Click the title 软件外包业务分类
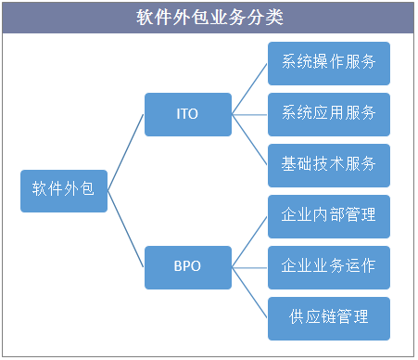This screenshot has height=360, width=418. click(x=209, y=18)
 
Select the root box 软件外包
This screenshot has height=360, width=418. click(x=64, y=189)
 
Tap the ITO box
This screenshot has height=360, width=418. click(x=187, y=115)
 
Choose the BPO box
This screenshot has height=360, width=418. click(x=187, y=266)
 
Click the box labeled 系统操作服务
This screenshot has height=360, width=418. click(x=328, y=63)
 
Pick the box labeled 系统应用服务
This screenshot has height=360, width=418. click(x=328, y=114)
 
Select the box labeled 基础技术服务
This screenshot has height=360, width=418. click(x=328, y=165)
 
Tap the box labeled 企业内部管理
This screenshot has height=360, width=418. click(x=328, y=216)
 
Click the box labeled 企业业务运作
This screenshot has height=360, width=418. click(x=328, y=267)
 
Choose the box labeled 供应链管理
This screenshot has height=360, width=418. click(x=328, y=318)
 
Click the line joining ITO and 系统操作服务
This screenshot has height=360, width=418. click(x=249, y=89)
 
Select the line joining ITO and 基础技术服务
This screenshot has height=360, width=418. click(x=249, y=140)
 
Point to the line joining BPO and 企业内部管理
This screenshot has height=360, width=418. click(x=249, y=241)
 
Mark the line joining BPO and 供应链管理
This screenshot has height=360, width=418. click(x=249, y=292)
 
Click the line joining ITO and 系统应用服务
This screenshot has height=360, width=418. click(x=249, y=115)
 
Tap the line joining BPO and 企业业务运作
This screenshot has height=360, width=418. click(x=249, y=267)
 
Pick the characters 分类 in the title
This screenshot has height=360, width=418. click(x=265, y=18)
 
